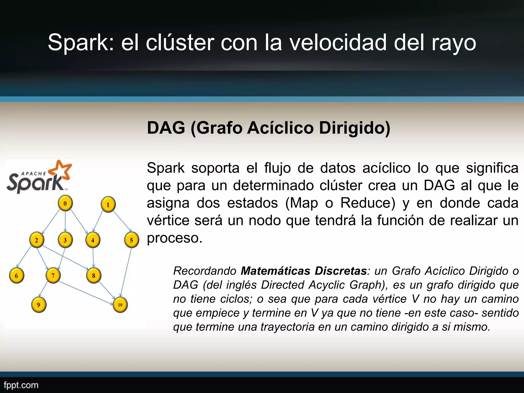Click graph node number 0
(65, 203)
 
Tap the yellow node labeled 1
(108, 205)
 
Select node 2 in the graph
(37, 240)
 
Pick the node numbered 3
(65, 240)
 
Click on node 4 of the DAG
(93, 240)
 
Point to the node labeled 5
(132, 240)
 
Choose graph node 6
(16, 276)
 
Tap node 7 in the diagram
(53, 276)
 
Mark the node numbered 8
(94, 276)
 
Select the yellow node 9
(38, 305)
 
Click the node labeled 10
(120, 305)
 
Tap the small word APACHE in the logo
(33, 173)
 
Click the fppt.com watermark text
(21, 385)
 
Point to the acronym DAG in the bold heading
(166, 128)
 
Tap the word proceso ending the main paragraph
(174, 238)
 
